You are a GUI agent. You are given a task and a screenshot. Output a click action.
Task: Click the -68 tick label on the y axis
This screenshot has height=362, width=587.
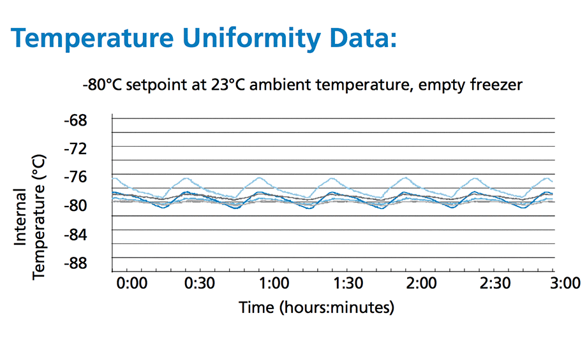click(81, 120)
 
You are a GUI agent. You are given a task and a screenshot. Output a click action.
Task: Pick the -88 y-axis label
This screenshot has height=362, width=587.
click(81, 263)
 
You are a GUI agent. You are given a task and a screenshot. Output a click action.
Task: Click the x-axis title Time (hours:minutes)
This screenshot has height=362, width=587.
click(316, 308)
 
